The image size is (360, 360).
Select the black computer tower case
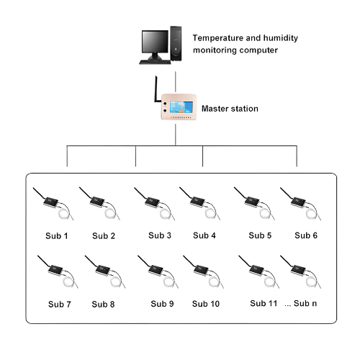click(x=177, y=45)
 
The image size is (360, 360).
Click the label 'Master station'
click(x=230, y=109)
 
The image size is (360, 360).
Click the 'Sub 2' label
click(x=104, y=235)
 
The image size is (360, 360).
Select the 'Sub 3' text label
click(x=160, y=235)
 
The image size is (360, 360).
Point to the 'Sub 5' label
click(x=260, y=235)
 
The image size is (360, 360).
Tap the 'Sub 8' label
click(x=103, y=304)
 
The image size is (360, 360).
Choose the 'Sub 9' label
click(x=161, y=303)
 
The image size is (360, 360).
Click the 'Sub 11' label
click(x=263, y=303)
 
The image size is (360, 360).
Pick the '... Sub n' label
click(x=301, y=303)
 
